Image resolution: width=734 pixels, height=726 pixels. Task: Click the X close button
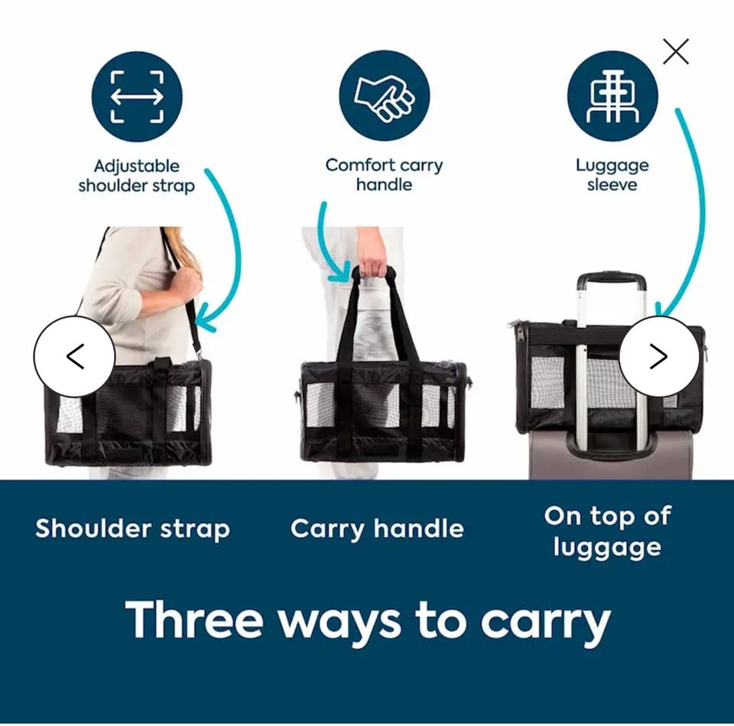(x=675, y=51)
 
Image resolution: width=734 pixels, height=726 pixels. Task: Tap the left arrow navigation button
(x=74, y=356)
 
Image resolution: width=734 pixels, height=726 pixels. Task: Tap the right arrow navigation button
(x=659, y=356)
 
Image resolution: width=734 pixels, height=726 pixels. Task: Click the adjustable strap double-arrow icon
(x=137, y=97)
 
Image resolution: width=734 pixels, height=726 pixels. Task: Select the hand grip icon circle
(x=384, y=96)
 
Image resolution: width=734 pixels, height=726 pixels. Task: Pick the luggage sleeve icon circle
(x=612, y=96)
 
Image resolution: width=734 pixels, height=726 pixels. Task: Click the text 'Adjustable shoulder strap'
(x=136, y=176)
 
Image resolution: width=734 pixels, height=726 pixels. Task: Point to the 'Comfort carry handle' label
(x=384, y=175)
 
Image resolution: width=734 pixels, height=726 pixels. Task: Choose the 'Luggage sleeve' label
(x=612, y=175)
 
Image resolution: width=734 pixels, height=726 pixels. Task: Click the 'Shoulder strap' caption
(x=132, y=529)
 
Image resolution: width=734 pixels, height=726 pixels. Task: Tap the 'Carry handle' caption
(x=377, y=529)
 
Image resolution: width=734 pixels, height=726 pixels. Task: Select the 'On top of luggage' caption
(x=608, y=532)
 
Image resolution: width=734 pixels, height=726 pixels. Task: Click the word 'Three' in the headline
(x=194, y=620)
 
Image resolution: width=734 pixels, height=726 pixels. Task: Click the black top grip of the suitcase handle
(x=612, y=281)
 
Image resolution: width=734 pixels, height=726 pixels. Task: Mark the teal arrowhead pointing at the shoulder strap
(x=205, y=319)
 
